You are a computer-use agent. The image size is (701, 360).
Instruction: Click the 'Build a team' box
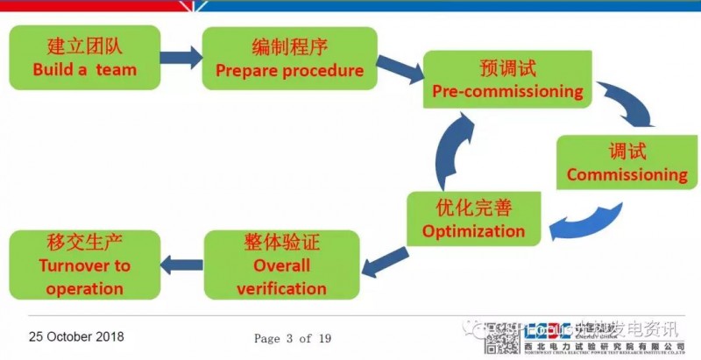click(x=85, y=57)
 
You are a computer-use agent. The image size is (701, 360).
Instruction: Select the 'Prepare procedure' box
click(x=289, y=58)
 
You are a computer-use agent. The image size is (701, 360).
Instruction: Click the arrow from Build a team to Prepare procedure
click(x=181, y=59)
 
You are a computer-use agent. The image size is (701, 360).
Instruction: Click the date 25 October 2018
click(x=76, y=336)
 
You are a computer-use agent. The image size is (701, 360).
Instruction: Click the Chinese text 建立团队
click(x=85, y=46)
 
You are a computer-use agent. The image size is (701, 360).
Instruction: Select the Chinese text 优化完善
click(x=473, y=208)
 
